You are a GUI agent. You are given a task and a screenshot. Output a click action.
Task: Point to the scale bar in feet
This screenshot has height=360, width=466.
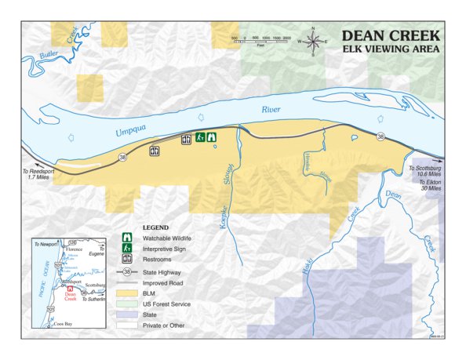tap(260, 40)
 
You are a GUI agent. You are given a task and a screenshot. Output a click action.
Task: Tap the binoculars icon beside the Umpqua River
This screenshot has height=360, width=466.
tap(211, 137)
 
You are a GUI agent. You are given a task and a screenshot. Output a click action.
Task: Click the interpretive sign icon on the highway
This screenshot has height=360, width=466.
tap(200, 137)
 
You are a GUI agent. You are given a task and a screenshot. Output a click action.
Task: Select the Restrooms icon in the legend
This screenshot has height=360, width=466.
tap(126, 258)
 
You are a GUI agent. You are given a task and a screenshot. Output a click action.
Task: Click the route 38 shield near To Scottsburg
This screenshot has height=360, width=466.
tap(380, 137)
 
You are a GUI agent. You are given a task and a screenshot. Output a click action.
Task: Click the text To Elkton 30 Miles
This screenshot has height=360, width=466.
tap(426, 186)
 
